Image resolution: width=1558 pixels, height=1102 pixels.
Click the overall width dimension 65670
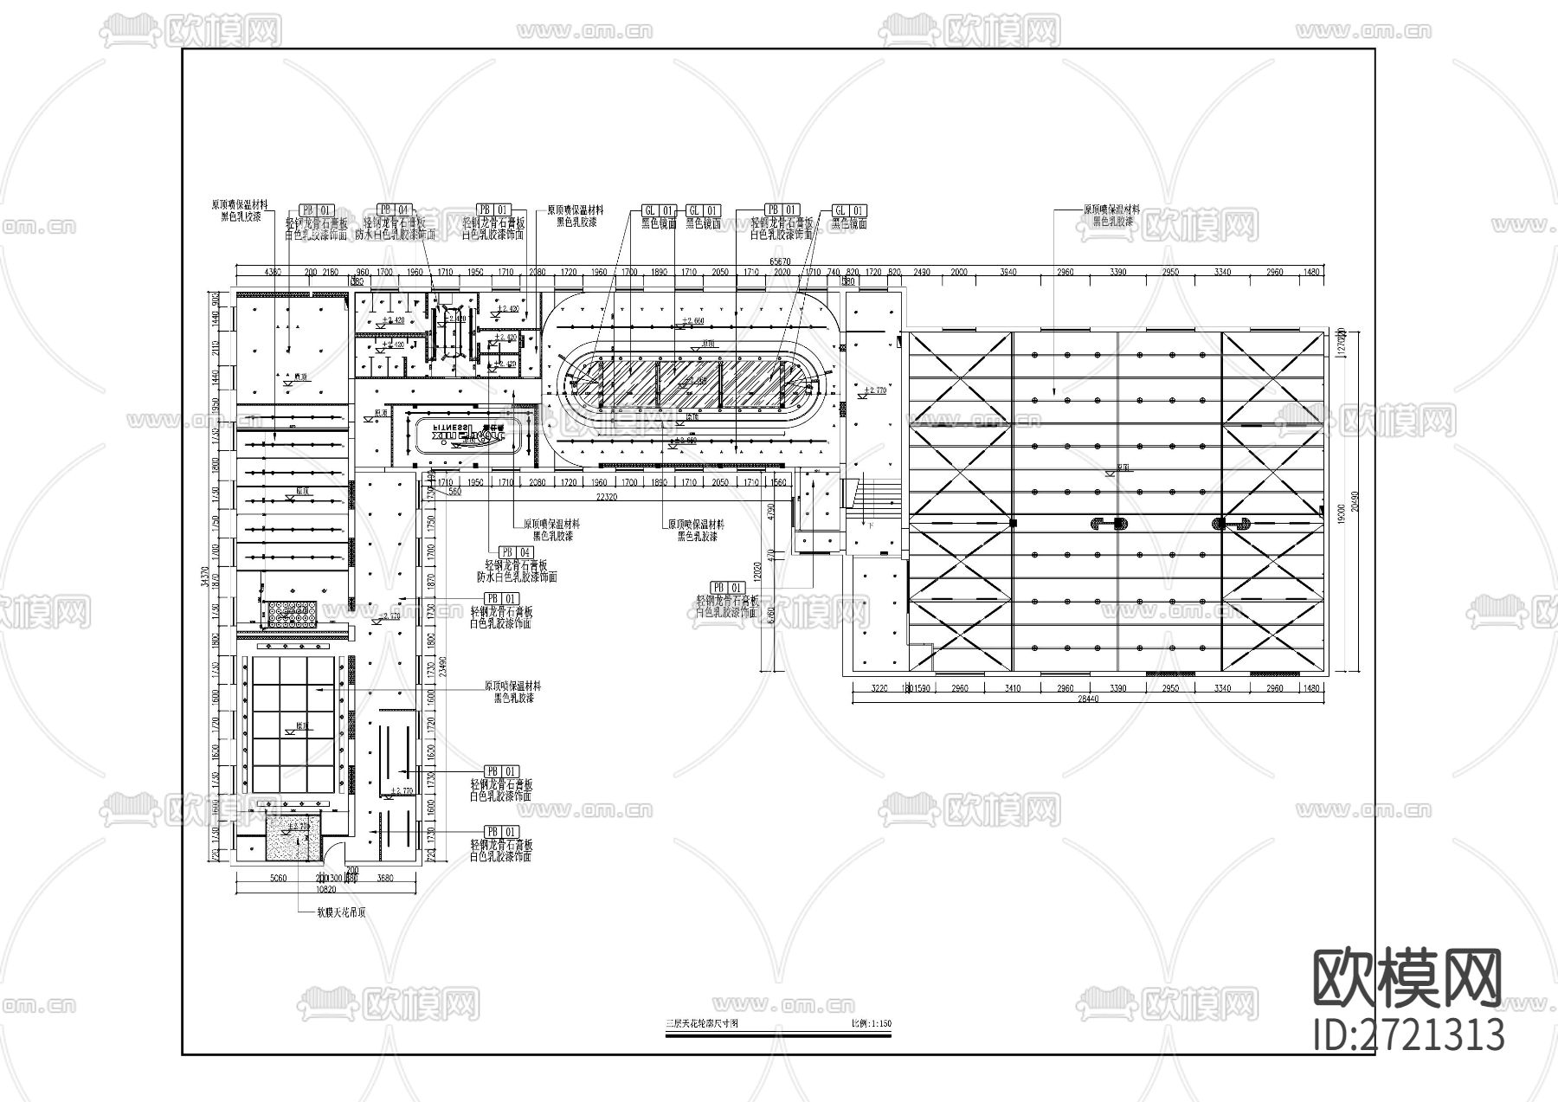(780, 261)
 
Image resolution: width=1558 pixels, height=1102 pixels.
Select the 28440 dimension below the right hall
(1088, 699)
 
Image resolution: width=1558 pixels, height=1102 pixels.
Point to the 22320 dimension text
(606, 497)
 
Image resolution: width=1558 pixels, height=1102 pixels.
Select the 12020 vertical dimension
(756, 570)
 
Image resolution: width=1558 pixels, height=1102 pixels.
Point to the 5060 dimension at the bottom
(278, 879)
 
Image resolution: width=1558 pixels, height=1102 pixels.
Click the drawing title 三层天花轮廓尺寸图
(701, 1024)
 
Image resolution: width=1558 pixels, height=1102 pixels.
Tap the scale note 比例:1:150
(871, 1024)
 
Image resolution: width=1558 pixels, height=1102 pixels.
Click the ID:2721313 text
(1408, 1034)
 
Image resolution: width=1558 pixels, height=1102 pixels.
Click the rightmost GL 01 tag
(849, 210)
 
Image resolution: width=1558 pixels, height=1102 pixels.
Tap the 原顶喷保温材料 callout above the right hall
(1112, 209)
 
